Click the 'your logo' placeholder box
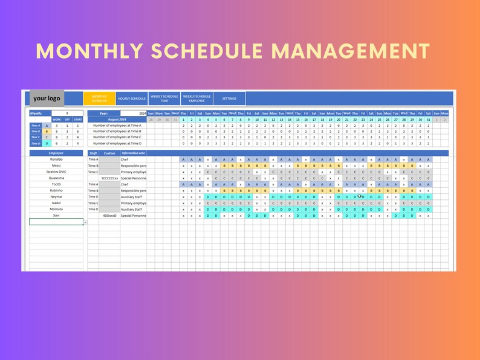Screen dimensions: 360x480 click(47, 98)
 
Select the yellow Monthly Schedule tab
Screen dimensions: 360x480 click(99, 98)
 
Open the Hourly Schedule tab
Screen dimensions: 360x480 click(131, 98)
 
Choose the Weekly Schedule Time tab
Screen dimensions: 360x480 click(164, 98)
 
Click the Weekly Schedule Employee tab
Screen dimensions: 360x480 click(196, 98)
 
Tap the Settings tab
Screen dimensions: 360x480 click(229, 98)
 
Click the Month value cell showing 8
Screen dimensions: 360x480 click(67, 113)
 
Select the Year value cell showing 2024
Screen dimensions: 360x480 click(133, 113)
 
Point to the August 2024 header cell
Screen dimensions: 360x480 click(117, 120)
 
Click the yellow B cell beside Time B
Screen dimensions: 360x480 click(47, 131)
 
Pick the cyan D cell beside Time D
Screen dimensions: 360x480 click(47, 143)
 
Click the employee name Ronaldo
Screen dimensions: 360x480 click(56, 159)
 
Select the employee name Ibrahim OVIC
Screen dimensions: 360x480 click(56, 172)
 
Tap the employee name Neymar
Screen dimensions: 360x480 click(56, 197)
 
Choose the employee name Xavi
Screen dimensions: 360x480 click(56, 216)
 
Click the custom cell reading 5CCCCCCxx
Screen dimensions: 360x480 click(109, 178)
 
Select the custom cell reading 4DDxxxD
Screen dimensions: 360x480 click(109, 216)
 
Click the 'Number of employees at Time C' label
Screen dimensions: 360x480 click(117, 137)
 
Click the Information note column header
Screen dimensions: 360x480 click(133, 153)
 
